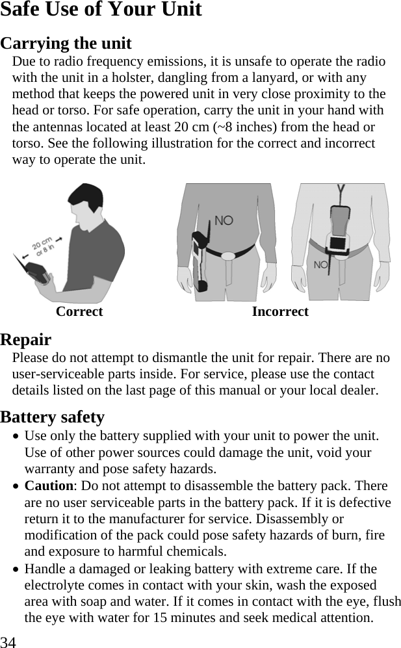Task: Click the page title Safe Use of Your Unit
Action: pos(101,10)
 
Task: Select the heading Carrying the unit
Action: pos(66,44)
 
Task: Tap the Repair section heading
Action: pos(26,339)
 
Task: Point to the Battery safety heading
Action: pos(53,417)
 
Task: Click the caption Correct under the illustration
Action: pos(79,312)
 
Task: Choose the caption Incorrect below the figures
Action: pos(280,312)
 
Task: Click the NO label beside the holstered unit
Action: pos(223,221)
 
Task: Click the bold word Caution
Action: pos(48,486)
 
